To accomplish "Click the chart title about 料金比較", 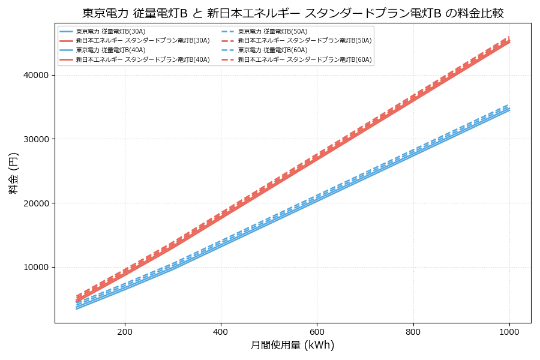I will [293, 13].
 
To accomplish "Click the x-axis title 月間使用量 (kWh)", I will [292, 345].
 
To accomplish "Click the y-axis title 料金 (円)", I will [13, 173].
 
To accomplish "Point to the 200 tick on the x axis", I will [125, 331].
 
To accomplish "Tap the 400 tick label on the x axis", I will [221, 331].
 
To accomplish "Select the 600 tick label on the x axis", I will [317, 331].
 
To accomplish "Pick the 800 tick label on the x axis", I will [413, 331].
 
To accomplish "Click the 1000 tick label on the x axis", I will [509, 331].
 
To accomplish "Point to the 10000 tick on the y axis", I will [36, 267].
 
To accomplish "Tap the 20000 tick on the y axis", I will [36, 203].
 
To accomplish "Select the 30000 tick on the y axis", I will [36, 139].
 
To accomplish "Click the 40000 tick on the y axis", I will [36, 75].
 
